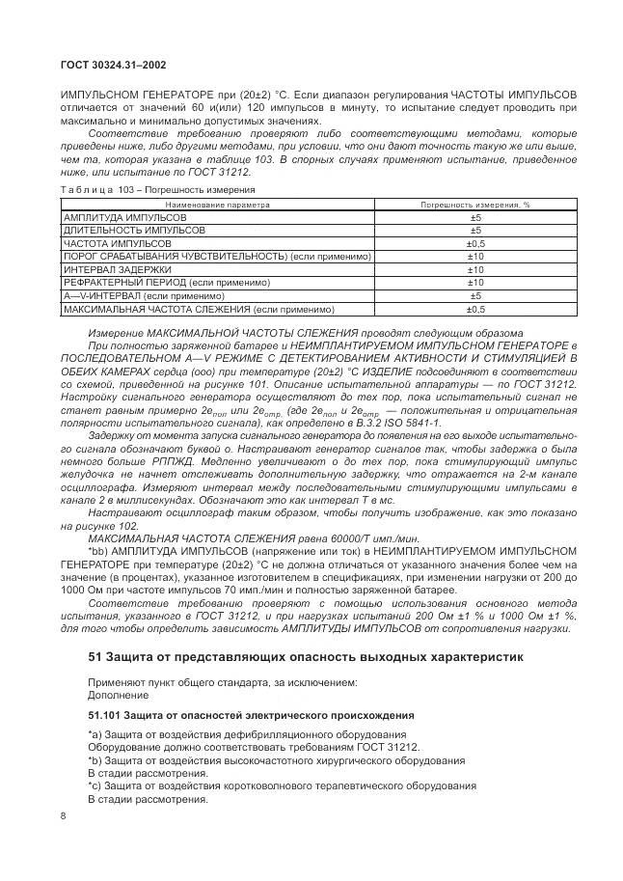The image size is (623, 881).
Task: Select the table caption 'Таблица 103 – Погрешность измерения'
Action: (158, 190)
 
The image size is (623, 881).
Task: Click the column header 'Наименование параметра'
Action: (217, 206)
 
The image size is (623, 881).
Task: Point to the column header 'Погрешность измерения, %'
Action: (474, 206)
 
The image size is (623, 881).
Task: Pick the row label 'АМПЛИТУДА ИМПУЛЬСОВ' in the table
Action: (124, 219)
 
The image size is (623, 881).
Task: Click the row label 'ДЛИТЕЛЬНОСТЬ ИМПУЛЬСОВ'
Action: (133, 232)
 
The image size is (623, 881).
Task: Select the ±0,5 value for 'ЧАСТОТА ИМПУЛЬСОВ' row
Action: (474, 245)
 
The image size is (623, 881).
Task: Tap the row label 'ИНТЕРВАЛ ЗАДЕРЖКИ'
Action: (118, 271)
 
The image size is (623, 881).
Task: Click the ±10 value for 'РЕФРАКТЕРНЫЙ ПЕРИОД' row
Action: (474, 284)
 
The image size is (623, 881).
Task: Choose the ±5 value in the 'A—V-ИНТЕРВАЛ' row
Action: (474, 296)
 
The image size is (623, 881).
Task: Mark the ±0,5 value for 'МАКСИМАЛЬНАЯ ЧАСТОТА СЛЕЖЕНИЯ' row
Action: (474, 310)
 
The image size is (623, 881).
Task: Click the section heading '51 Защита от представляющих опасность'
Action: (306, 658)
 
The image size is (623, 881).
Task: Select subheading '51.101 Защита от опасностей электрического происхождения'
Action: (251, 716)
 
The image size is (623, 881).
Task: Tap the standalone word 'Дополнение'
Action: (113, 695)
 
